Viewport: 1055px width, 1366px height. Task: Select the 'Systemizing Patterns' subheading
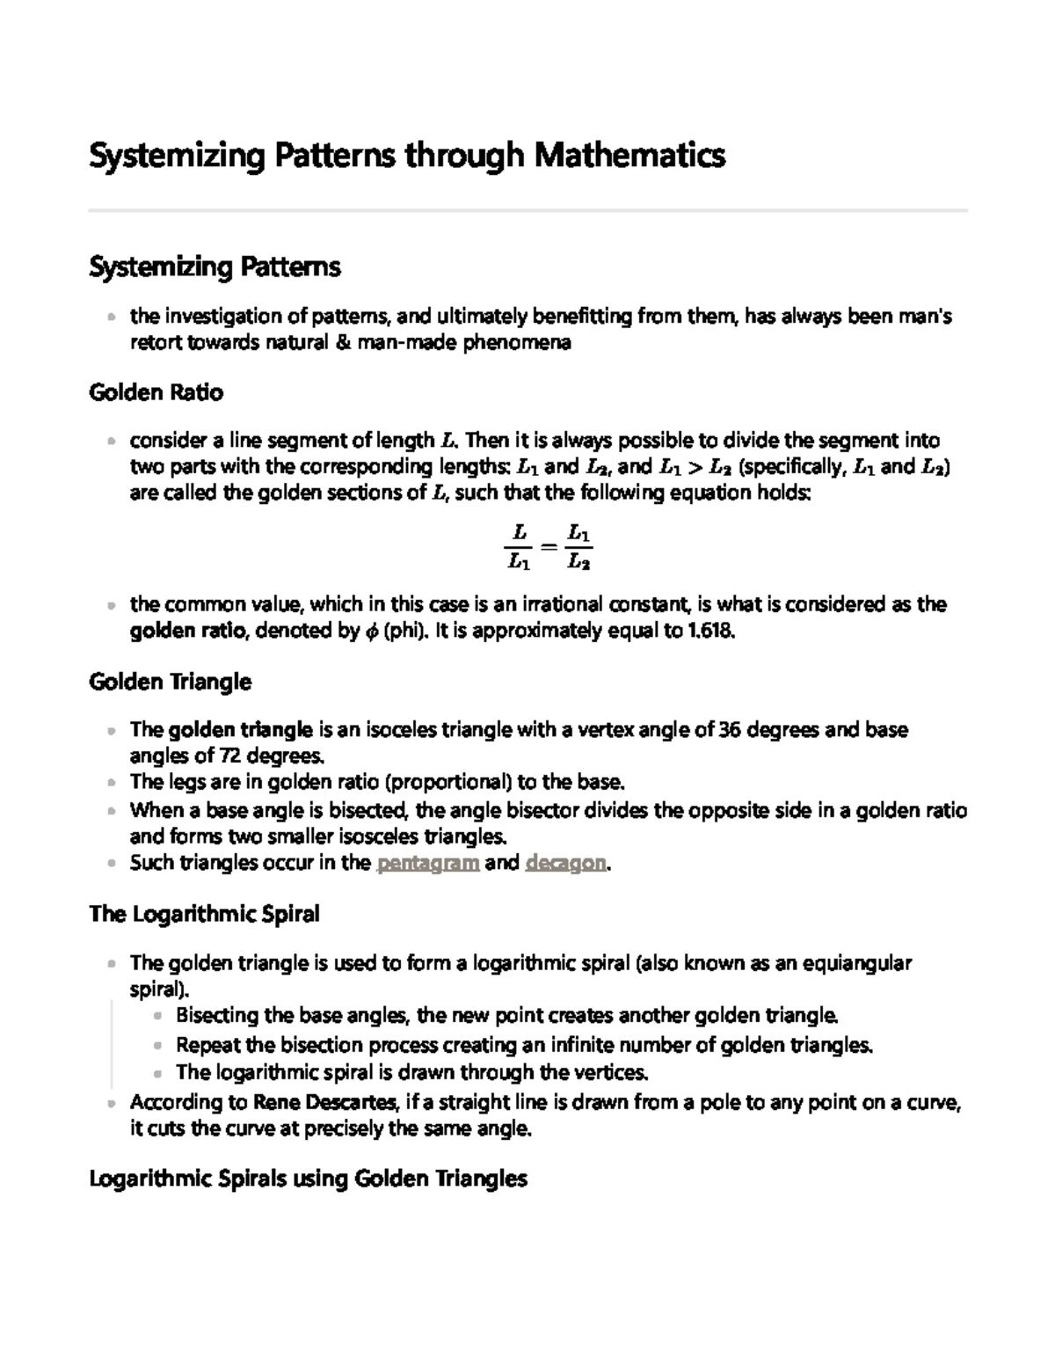215,267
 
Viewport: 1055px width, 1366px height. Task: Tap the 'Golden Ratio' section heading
156,392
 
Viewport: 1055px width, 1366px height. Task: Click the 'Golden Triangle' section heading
170,682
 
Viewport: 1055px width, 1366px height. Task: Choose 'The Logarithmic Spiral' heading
204,915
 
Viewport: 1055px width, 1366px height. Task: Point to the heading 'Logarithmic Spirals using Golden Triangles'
308,1179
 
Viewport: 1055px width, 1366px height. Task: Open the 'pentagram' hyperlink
427,863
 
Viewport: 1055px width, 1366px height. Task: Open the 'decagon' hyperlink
565,863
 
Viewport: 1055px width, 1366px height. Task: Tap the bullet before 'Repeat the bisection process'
157,1046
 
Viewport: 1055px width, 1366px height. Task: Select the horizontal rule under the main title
527,211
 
